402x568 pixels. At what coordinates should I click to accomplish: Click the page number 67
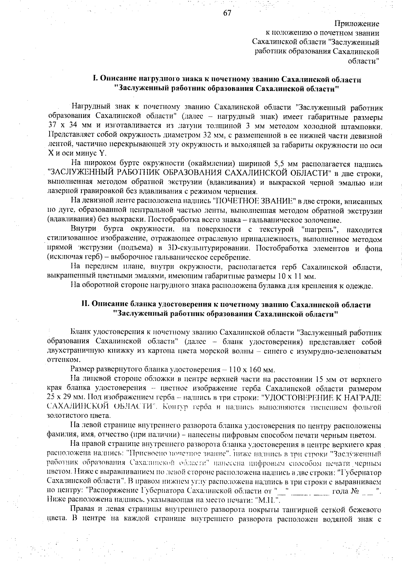[227, 13]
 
